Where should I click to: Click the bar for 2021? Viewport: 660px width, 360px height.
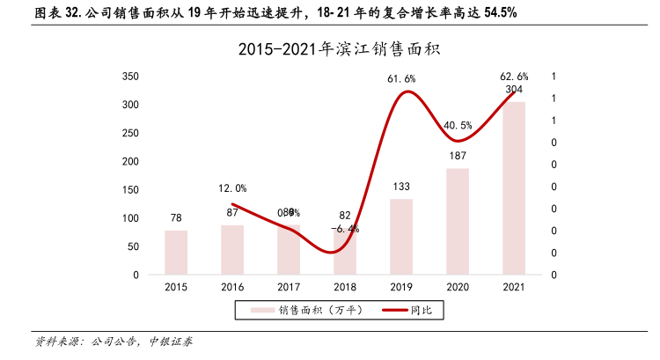[514, 188]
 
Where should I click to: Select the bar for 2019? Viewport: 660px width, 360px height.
[401, 237]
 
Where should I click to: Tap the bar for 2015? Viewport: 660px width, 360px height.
[176, 253]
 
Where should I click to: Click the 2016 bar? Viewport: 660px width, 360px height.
[232, 250]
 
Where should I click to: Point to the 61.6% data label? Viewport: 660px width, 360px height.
[401, 79]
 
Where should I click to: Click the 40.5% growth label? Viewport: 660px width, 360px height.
[458, 125]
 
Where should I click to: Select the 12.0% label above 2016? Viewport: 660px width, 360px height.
[232, 187]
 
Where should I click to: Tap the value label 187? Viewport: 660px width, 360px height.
[458, 156]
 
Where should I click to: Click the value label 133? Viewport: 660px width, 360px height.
[401, 187]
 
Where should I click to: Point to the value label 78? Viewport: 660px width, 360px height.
[176, 217]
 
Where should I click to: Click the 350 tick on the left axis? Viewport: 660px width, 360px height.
[130, 77]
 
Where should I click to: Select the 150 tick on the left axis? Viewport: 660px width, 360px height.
[130, 190]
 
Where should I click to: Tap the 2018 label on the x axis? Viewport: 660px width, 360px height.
[345, 287]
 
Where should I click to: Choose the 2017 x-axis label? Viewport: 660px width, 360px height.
[289, 287]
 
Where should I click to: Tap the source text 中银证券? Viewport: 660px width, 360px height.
[172, 342]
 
